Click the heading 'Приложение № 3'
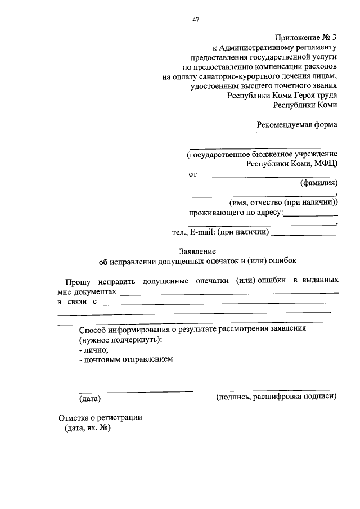[306, 37]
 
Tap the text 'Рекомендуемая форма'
[297, 125]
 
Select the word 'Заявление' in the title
[197, 251]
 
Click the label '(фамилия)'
[318, 183]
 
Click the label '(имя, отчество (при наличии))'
[283, 202]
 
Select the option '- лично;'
[93, 350]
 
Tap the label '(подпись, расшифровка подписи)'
[277, 397]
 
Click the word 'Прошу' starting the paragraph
[76, 280]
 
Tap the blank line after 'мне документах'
[229, 292]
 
